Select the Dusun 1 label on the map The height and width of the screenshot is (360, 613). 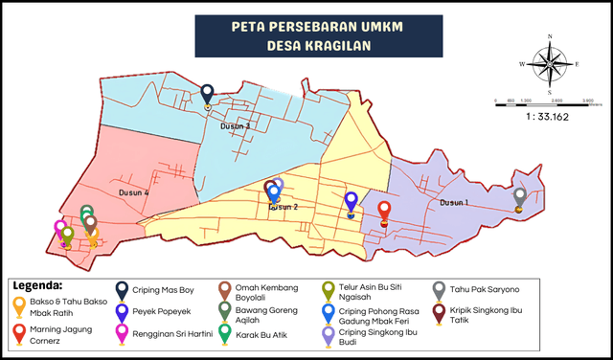click(x=454, y=203)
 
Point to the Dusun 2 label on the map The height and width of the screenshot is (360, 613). click(x=284, y=206)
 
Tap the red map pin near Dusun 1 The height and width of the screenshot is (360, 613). click(x=384, y=211)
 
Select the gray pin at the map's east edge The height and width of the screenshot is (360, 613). click(x=519, y=197)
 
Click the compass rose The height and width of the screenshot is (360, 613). click(x=549, y=64)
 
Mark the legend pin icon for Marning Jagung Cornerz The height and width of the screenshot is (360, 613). click(x=19, y=332)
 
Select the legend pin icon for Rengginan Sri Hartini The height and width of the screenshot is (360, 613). click(x=123, y=332)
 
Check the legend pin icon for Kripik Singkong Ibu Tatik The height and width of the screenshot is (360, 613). click(x=439, y=311)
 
